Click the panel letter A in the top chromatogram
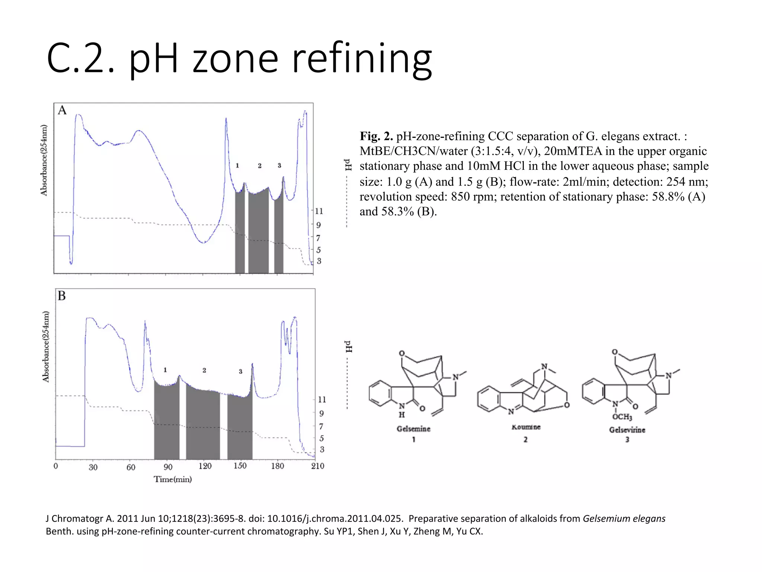tap(62, 111)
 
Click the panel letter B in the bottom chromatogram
tap(62, 296)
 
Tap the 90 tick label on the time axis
tap(168, 467)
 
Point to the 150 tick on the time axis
tap(240, 466)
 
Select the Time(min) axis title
tap(173, 479)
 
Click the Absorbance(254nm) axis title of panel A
tap(44, 160)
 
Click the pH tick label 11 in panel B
tap(322, 400)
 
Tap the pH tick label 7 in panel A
tap(318, 238)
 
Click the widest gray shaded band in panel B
tap(203, 425)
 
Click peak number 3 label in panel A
tap(279, 166)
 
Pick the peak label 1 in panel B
tap(165, 370)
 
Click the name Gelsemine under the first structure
tap(413, 429)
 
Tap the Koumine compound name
tap(526, 427)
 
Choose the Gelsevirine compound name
tap(627, 430)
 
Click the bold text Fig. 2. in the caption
tap(376, 136)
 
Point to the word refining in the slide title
tap(362, 58)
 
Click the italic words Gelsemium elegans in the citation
tap(624, 519)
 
